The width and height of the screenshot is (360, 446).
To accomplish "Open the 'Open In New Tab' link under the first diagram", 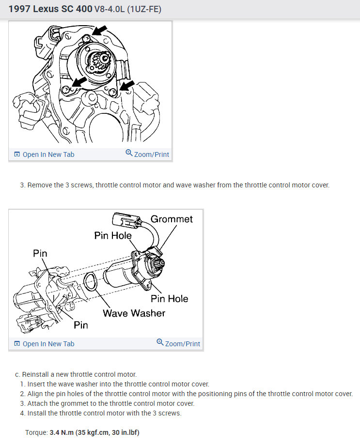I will click(44, 154).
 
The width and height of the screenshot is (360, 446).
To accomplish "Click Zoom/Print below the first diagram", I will click(147, 154).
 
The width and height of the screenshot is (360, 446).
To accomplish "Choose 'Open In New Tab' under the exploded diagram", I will click(44, 344).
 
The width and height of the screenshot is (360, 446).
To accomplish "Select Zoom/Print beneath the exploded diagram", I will click(178, 344).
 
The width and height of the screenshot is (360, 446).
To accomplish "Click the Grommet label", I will click(172, 219).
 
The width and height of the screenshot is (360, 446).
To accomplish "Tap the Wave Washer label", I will click(134, 313).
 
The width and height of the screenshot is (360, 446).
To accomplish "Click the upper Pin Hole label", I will click(113, 235).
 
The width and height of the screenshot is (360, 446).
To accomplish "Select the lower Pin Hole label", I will click(169, 299).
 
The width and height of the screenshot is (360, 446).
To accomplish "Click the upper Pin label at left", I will click(40, 253).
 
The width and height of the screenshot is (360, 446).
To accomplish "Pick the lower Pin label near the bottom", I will click(81, 325).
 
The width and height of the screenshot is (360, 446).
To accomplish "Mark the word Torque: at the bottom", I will click(36, 432).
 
